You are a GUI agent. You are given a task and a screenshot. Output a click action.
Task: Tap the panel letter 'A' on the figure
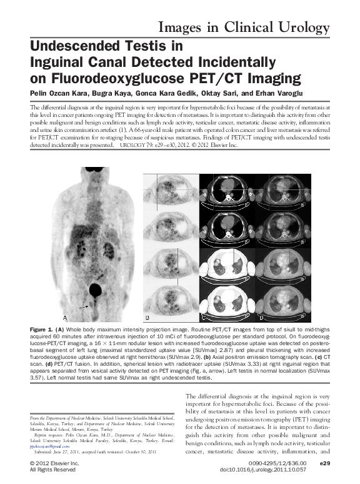click(x=65, y=318)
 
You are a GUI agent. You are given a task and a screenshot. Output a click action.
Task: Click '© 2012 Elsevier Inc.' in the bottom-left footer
click(x=54, y=463)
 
